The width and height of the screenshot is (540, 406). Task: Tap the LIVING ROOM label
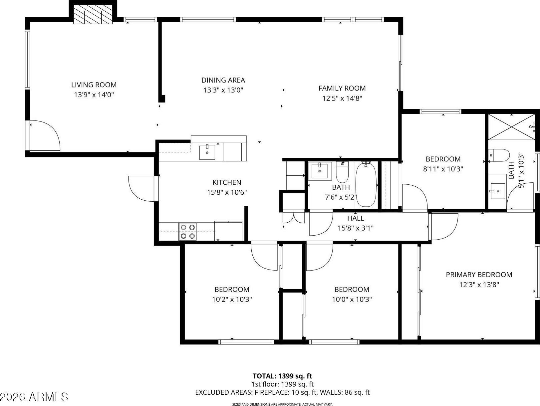94,85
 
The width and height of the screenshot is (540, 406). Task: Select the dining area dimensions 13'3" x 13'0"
223,90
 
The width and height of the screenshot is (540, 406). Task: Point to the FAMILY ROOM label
342,88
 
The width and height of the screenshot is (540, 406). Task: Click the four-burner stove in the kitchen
188,231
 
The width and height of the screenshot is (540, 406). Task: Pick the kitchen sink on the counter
207,152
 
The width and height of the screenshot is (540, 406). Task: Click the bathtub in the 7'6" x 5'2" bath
366,184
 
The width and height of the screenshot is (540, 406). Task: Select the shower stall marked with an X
511,127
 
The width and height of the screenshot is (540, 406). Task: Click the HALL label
356,218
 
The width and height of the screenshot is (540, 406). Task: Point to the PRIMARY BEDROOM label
479,275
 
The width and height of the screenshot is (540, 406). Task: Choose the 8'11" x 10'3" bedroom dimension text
443,169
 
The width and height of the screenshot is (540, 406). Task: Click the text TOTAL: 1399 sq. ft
282,376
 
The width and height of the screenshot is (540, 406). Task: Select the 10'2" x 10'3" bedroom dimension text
232,299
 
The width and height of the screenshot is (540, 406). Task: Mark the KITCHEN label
227,182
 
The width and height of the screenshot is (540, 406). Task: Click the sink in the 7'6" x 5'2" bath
320,171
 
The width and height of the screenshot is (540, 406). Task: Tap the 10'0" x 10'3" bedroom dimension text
352,299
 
